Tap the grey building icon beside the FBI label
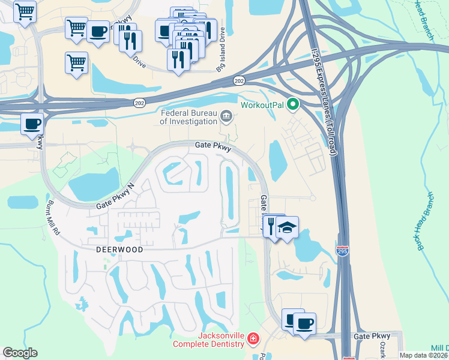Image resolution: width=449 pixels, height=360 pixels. pos(226,116)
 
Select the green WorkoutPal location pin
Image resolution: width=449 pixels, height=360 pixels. pos(293,106)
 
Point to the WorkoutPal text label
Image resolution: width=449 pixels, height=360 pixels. pos(262,106)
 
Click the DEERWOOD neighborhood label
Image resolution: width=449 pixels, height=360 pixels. pos(119,249)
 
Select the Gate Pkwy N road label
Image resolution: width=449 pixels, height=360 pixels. pos(117,197)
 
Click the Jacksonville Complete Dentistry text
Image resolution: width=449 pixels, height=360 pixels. pos(209,340)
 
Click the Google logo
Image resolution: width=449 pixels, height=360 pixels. pos(20,353)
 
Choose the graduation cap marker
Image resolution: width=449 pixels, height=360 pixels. pos(288,227)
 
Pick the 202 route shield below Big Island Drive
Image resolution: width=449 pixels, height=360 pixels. pos(240,80)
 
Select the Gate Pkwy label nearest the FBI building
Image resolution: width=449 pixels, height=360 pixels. pos(212,145)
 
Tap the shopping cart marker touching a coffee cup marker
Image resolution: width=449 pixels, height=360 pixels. pos(76,28)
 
